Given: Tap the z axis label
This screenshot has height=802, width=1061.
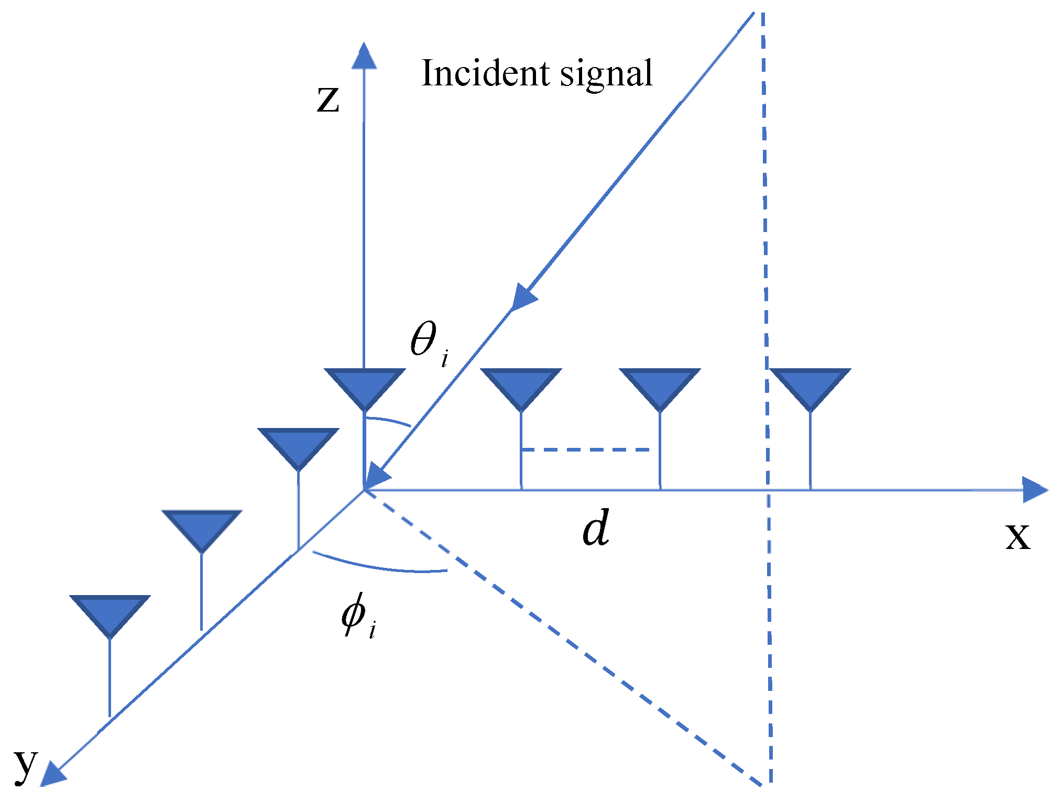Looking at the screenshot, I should pyautogui.click(x=328, y=99).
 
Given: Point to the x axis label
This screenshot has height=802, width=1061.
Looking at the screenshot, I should pyautogui.click(x=1018, y=536).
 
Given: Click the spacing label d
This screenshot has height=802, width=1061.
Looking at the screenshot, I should pyautogui.click(x=596, y=528).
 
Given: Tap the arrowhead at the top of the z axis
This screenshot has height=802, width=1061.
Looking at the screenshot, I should pyautogui.click(x=364, y=56).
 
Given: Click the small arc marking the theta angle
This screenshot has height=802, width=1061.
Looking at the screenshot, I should pyautogui.click(x=389, y=420).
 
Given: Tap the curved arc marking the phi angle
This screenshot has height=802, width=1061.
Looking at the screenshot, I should pyautogui.click(x=380, y=566).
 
